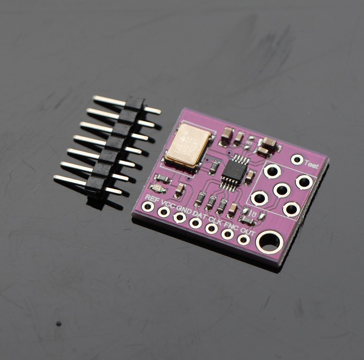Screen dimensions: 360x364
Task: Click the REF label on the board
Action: (150, 197)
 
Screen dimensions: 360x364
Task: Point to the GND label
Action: (183, 208)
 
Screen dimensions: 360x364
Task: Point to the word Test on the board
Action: (311, 165)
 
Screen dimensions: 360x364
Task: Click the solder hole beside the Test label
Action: (297, 160)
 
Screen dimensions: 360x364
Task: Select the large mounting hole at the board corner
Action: (269, 242)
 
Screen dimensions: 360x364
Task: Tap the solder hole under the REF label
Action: (148, 206)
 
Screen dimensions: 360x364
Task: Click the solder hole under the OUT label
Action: (244, 239)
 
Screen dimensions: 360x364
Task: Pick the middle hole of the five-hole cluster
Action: (282, 190)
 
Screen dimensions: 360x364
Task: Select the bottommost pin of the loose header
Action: (70, 181)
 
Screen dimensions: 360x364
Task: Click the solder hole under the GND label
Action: (180, 217)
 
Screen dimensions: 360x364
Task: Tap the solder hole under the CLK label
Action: (212, 228)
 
